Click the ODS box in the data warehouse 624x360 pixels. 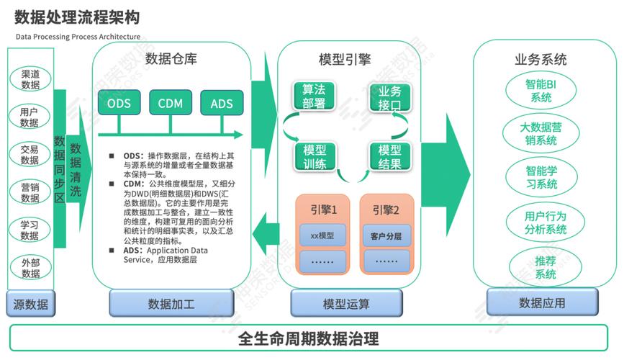pyautogui.click(x=119, y=103)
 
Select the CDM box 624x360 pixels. pyautogui.click(x=171, y=103)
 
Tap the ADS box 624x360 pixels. pyautogui.click(x=222, y=103)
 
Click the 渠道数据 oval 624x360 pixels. pyautogui.click(x=30, y=79)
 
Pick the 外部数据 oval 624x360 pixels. pyautogui.click(x=30, y=268)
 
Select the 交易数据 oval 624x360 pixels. pyautogui.click(x=30, y=155)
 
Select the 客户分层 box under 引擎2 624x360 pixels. pyautogui.click(x=386, y=235)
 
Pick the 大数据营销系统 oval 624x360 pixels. pyautogui.click(x=541, y=133)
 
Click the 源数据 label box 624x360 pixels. pyautogui.click(x=30, y=304)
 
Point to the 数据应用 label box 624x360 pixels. pyautogui.click(x=541, y=302)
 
